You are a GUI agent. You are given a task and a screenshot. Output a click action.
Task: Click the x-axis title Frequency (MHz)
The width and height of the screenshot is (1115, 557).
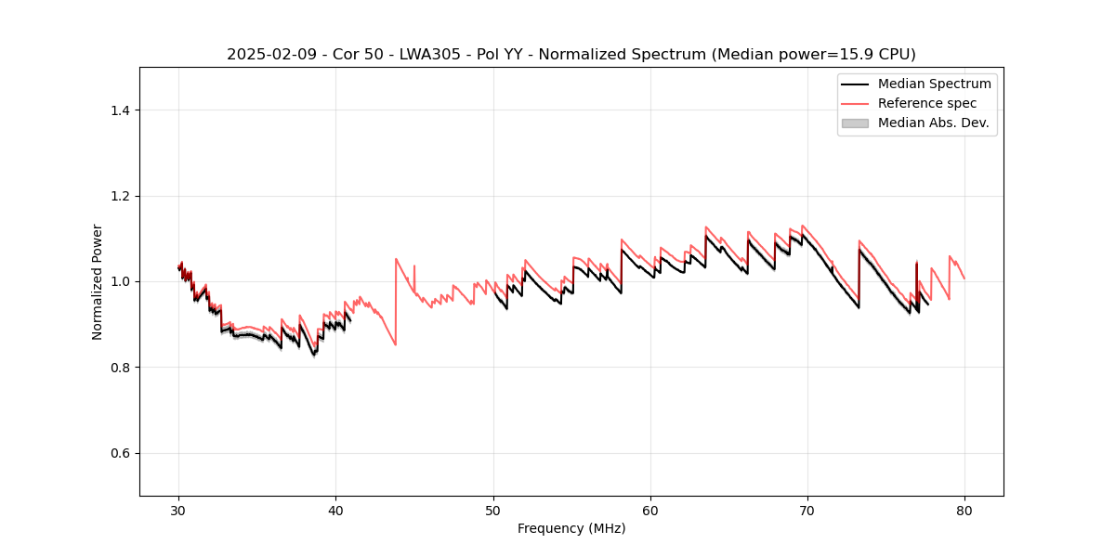(x=571, y=528)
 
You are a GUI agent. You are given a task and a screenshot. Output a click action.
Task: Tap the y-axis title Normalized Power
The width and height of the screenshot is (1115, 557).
(x=98, y=281)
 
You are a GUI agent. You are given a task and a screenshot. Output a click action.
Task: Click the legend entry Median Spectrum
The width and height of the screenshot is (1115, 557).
(x=934, y=84)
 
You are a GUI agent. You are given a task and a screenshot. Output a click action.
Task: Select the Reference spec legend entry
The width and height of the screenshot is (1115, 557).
(x=927, y=103)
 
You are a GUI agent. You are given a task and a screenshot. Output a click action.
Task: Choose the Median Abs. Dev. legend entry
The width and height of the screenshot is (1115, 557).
(x=933, y=123)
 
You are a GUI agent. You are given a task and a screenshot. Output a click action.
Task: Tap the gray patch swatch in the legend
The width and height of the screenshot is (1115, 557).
(x=855, y=123)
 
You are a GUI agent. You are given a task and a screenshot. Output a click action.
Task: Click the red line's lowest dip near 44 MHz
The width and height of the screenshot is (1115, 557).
(x=396, y=344)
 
